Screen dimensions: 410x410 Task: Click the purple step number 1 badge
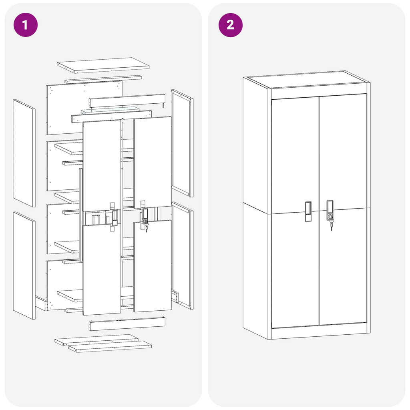coord(25,25)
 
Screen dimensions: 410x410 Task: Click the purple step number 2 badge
coord(230,25)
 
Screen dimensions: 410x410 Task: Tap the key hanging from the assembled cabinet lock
coord(332,225)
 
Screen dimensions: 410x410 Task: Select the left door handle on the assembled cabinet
coord(307,211)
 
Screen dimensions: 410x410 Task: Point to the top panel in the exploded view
coord(103,65)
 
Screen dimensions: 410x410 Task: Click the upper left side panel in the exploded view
coord(24,153)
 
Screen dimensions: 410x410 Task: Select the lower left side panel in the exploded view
coord(24,265)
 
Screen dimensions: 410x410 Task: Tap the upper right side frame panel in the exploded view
coord(182,143)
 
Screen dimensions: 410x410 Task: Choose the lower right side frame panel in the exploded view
coord(182,255)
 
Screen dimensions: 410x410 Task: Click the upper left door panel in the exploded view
coord(102,164)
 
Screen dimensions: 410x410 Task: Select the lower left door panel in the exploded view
coord(102,270)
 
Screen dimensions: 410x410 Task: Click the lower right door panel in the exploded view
coord(153,266)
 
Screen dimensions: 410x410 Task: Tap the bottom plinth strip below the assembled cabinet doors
coord(319,332)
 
